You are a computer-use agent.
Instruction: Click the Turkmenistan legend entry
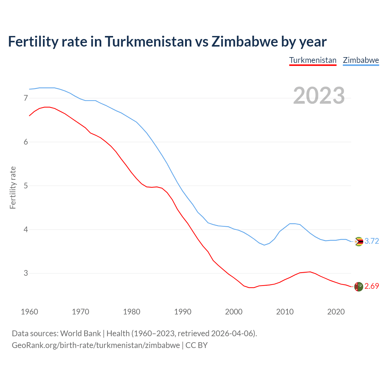click(x=313, y=60)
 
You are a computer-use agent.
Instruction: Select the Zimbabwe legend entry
click(x=361, y=60)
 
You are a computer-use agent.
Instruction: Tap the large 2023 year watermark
click(x=319, y=96)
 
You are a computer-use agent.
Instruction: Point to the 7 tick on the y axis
click(x=26, y=98)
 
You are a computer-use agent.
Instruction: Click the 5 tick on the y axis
click(x=26, y=186)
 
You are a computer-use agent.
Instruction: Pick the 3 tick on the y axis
click(x=26, y=273)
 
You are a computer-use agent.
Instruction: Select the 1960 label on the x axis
click(x=29, y=312)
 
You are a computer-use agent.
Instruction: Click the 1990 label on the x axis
click(x=183, y=312)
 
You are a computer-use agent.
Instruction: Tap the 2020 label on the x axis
click(x=336, y=312)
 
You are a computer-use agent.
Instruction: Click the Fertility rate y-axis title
click(x=13, y=187)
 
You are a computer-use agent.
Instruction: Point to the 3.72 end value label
click(x=372, y=241)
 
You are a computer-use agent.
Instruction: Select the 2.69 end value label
click(x=372, y=286)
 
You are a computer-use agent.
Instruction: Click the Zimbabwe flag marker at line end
click(x=359, y=242)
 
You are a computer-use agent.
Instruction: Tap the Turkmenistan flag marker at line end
click(x=359, y=287)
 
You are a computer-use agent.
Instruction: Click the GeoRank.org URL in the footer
click(x=96, y=345)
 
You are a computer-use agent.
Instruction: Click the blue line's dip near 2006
click(x=264, y=245)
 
